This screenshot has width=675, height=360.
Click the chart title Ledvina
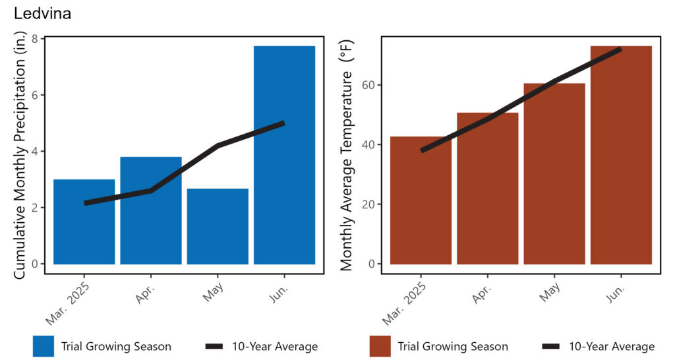[x=42, y=13]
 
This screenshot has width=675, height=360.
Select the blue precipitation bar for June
[x=285, y=155]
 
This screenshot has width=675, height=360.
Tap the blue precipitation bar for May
[x=218, y=227]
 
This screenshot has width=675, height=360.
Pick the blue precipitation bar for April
[x=151, y=210]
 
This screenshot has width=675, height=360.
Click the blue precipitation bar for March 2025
[x=84, y=222]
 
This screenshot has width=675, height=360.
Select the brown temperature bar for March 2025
[x=421, y=200]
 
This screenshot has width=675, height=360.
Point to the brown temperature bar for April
[x=488, y=188]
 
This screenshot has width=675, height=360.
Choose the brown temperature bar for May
[x=554, y=173]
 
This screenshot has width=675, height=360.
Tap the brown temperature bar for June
[x=621, y=155]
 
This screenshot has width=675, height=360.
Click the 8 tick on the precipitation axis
[x=35, y=39]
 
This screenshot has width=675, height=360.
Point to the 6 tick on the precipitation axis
[x=35, y=95]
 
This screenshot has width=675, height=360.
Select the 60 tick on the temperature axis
[x=368, y=85]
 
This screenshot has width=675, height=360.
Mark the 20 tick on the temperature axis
[x=368, y=204]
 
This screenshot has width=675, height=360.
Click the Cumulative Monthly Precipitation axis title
[x=20, y=155]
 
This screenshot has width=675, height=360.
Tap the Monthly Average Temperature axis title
[x=347, y=155]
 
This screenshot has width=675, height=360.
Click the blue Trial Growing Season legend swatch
[x=44, y=346]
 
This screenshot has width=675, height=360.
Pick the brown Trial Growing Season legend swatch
[x=380, y=346]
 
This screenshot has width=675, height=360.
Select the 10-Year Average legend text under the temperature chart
[x=612, y=346]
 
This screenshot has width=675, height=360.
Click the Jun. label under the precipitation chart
[x=279, y=293]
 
